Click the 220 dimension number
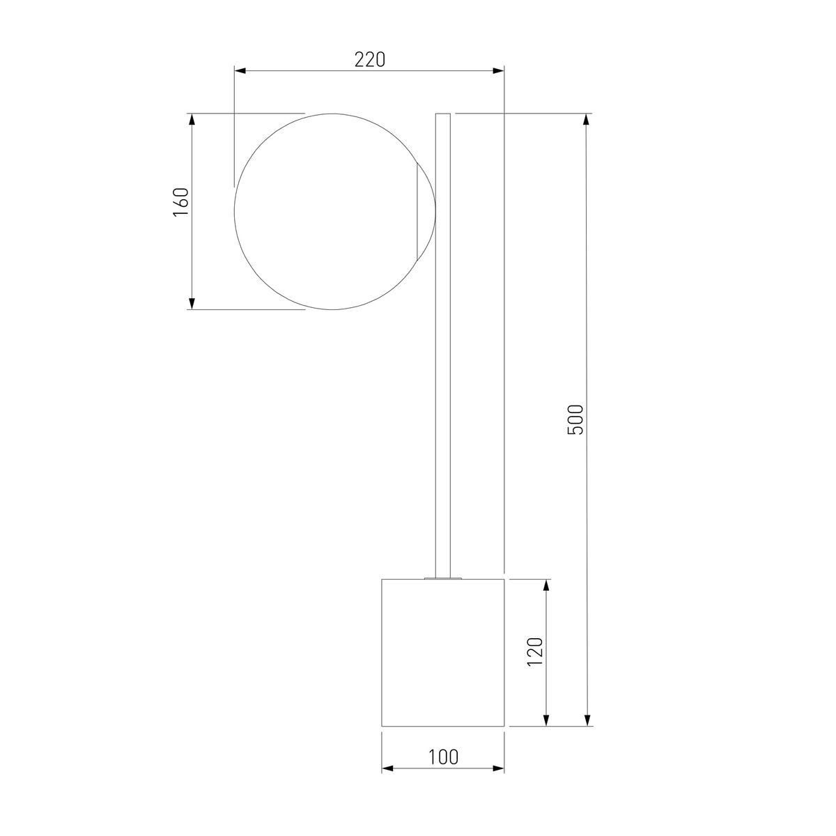click(370, 60)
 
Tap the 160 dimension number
click(181, 202)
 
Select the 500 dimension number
click(575, 419)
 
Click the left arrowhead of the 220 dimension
click(240, 71)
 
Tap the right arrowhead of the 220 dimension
click(498, 71)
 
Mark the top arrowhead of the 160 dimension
click(192, 120)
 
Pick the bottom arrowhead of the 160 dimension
click(192, 303)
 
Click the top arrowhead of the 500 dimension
click(587, 120)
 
